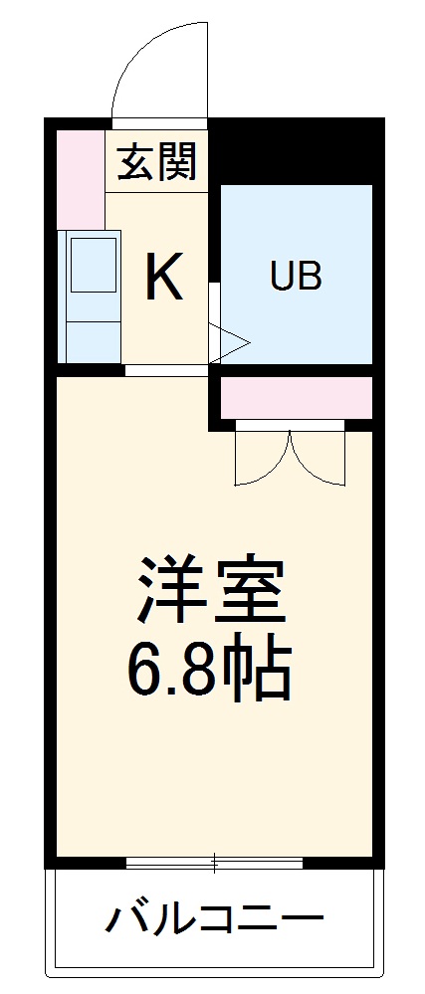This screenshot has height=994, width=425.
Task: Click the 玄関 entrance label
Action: (x=157, y=162)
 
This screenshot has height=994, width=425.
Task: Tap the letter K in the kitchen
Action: (x=164, y=278)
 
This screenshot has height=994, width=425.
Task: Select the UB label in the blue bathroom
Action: (x=296, y=277)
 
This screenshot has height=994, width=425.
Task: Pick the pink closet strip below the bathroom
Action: (x=296, y=398)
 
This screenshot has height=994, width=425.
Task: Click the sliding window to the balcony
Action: (x=214, y=862)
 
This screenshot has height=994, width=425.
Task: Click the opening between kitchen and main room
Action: (x=166, y=370)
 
